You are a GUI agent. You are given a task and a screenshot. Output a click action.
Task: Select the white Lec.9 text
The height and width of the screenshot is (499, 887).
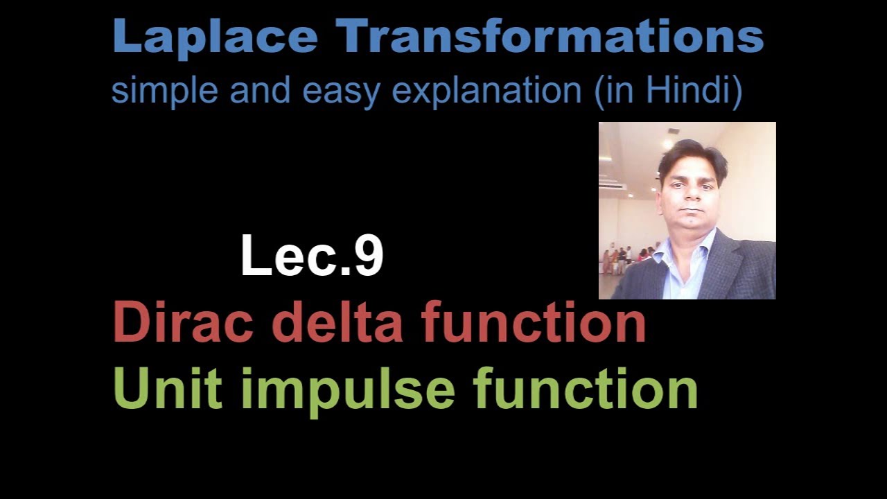[x=312, y=256]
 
